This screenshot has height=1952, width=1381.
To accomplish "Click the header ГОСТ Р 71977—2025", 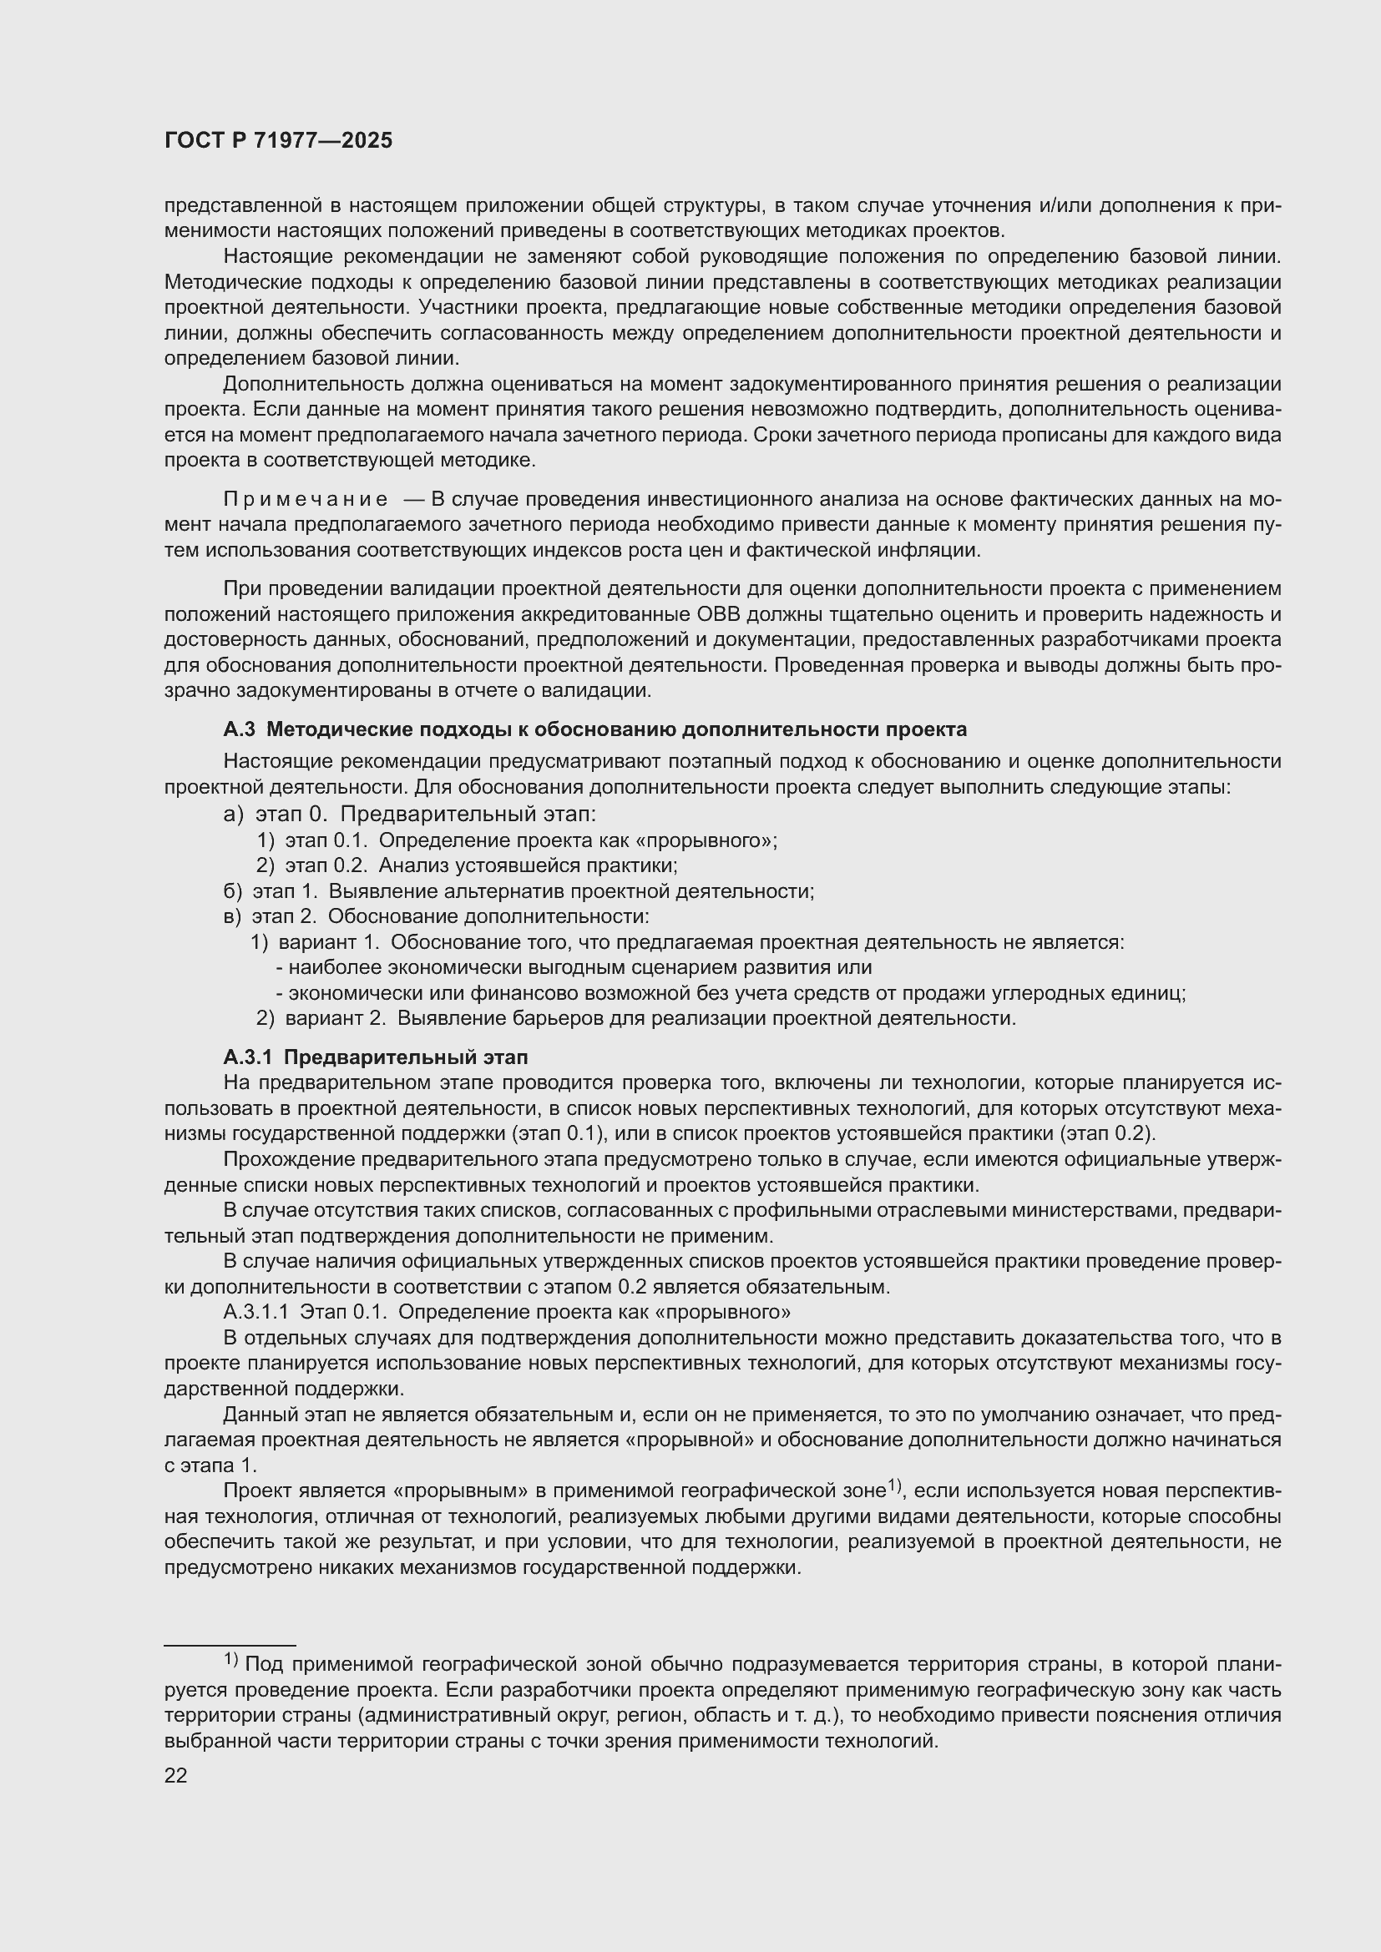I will coord(278,141).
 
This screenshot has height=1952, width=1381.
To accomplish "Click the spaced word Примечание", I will coord(306,499).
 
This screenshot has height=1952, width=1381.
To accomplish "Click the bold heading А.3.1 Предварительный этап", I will coord(375,1057).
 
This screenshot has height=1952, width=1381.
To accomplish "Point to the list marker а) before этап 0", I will coord(233,815).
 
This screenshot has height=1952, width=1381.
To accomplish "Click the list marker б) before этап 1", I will coord(232,891).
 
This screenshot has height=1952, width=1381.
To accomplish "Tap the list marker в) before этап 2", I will coord(232,916).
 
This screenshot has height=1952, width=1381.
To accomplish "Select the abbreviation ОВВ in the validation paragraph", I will coord(716,614).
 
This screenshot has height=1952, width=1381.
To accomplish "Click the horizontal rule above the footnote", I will coord(230,1646).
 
